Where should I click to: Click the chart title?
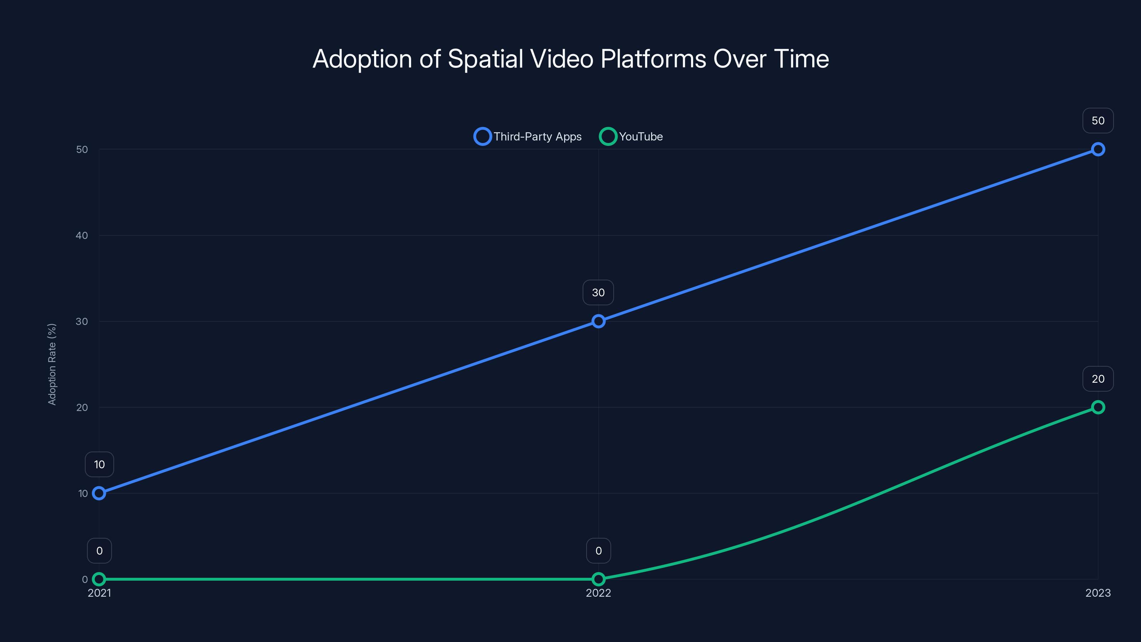pos(570,58)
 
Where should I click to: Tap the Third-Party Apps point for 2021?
pos(99,493)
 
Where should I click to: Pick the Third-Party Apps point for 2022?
pos(598,321)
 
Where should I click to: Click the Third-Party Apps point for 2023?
pos(1097,149)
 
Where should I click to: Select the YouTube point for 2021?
pos(99,579)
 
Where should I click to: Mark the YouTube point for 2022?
pos(598,579)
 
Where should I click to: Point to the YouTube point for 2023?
pos(1097,407)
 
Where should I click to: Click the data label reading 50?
pos(1097,121)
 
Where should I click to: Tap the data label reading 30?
pos(598,292)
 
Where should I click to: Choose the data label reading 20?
pos(1097,379)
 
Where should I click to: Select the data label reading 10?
pos(99,464)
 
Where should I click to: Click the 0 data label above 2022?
pos(598,551)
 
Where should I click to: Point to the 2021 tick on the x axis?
pos(99,593)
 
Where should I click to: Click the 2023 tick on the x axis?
pos(1097,593)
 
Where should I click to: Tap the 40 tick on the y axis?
pos(82,235)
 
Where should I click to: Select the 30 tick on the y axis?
pos(82,321)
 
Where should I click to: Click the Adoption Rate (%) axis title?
pos(52,364)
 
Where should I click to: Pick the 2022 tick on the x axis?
pos(598,593)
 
